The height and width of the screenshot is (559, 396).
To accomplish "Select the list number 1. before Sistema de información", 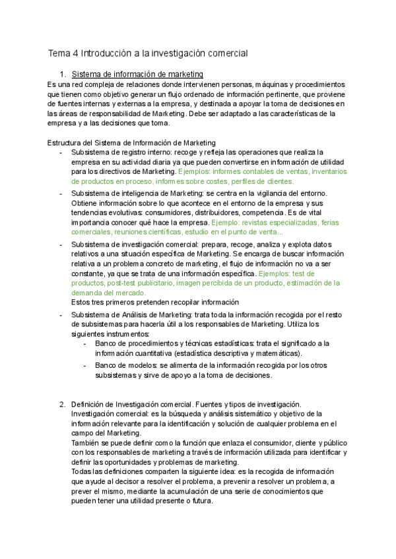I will coord(63,74).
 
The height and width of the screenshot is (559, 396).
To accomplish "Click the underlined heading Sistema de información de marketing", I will coord(137,74).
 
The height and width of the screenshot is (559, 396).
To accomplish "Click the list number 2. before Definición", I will coord(63,403).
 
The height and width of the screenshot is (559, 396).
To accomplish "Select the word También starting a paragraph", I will coord(86,443).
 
